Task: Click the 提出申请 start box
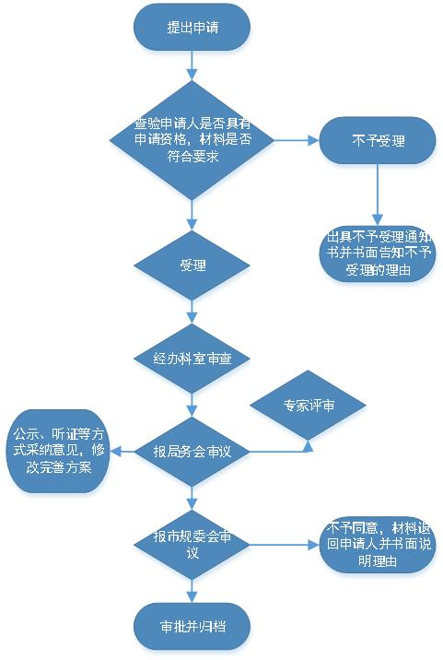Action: tap(192, 28)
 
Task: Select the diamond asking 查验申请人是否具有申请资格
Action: tap(192, 140)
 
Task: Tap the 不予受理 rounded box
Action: tap(378, 140)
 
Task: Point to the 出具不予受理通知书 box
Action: tap(378, 253)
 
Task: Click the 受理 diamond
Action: tap(192, 265)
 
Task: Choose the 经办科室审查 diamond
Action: tap(192, 359)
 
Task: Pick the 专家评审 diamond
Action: tap(308, 405)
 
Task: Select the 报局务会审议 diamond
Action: tap(192, 452)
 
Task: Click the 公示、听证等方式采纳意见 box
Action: tap(58, 451)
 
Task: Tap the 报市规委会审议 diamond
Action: tap(192, 545)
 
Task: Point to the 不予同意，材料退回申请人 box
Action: tap(378, 545)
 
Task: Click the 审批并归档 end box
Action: tap(192, 627)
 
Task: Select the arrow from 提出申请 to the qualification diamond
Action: tap(192, 65)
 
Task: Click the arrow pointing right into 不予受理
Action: tap(297, 140)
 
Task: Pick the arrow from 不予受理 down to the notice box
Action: tap(378, 194)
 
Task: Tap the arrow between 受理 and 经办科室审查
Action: tap(192, 312)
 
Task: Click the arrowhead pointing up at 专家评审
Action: tap(308, 446)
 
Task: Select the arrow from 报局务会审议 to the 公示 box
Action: tap(122, 452)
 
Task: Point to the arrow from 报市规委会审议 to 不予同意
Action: tap(285, 545)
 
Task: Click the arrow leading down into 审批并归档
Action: tap(192, 592)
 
